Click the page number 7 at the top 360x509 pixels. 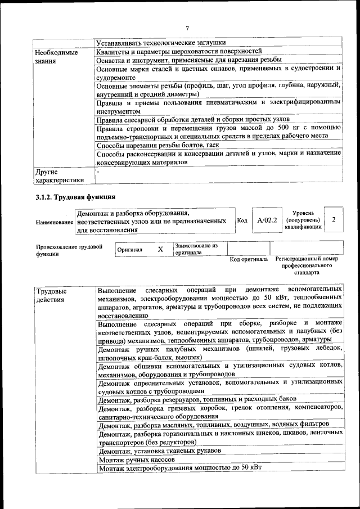pos(187,28)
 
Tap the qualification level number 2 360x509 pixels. pos(334,220)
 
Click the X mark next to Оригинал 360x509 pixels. pos(160,249)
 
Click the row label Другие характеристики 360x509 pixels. pos(59,175)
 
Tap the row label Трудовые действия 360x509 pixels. pos(51,295)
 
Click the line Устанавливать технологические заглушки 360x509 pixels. pos(161,42)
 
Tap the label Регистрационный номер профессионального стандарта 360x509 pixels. pos(307,265)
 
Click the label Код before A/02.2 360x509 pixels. pos(242,220)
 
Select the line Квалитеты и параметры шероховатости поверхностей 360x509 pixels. pos(179,51)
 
